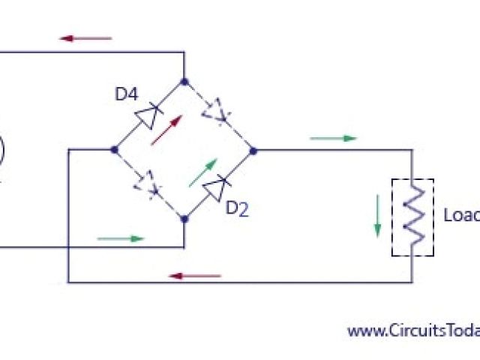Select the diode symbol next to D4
[148, 115]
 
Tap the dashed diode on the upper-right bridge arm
[217, 112]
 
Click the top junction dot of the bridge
[184, 79]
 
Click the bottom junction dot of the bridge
[184, 219]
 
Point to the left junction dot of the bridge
[114, 149]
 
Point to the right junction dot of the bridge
[253, 150]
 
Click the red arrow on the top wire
[85, 37]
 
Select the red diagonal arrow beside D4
[166, 130]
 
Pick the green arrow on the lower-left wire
[121, 238]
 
